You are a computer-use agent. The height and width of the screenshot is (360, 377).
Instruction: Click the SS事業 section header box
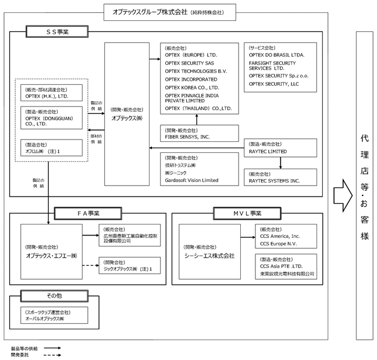tap(57, 31)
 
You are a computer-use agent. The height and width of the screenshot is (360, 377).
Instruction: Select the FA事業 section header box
tap(88, 213)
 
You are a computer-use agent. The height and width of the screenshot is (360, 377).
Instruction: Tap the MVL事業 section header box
tap(247, 213)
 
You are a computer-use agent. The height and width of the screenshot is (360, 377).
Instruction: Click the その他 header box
tap(54, 296)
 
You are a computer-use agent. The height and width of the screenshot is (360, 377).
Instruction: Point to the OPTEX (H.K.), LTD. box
tap(51, 93)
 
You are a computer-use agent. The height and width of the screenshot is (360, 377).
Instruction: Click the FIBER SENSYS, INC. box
tap(200, 133)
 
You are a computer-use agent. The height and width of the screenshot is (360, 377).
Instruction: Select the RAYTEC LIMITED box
tap(280, 148)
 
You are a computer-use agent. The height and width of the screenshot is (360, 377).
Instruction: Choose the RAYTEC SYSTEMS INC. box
tap(280, 177)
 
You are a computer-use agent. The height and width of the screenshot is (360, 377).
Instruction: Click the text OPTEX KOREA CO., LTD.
tap(192, 87)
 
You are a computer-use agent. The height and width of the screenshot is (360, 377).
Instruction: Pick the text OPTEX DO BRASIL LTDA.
tap(276, 55)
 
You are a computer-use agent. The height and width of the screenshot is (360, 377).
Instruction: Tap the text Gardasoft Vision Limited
tap(191, 180)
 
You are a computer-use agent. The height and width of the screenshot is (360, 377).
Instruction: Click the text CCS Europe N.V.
tap(279, 244)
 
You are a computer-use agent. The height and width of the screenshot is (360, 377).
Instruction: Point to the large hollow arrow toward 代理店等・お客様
tap(343, 195)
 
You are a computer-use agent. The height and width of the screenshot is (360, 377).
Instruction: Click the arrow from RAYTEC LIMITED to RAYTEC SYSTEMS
tap(280, 163)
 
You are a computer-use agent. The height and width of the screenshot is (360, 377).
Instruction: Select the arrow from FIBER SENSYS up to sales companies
tap(197, 119)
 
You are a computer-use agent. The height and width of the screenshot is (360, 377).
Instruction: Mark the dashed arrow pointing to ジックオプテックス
tap(91, 266)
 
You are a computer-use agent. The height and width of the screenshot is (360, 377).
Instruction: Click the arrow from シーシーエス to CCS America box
tap(248, 237)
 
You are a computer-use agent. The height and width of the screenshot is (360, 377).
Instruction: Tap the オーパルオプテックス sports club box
tap(54, 315)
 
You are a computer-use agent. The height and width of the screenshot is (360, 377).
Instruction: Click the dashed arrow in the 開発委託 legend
tap(52, 355)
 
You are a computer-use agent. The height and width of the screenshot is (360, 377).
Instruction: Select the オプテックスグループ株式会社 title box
tap(170, 12)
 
